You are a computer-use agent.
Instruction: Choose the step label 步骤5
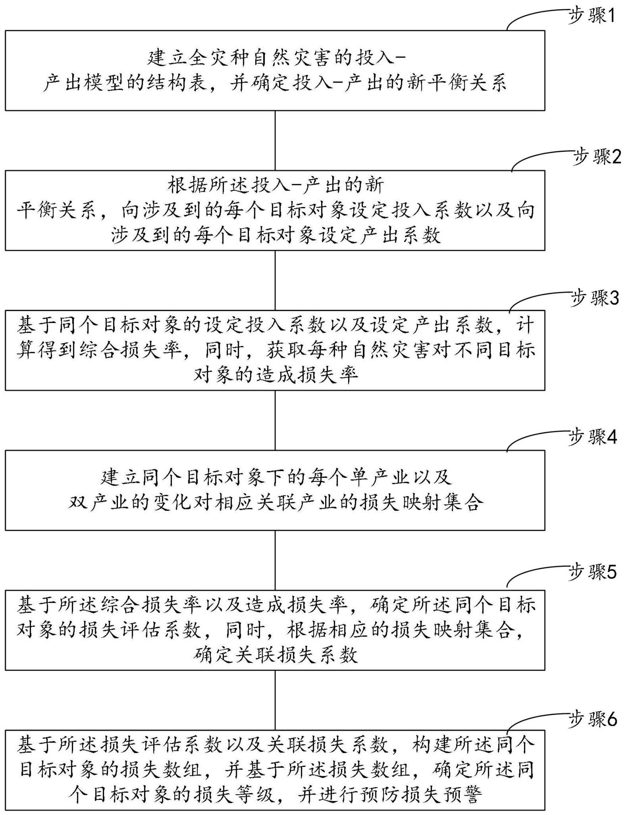point(593,573)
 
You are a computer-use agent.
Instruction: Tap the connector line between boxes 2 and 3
point(275,280)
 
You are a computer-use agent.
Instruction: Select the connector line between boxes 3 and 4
point(275,420)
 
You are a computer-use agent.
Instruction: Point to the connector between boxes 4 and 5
point(275,560)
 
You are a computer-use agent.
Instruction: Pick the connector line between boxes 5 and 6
point(275,700)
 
